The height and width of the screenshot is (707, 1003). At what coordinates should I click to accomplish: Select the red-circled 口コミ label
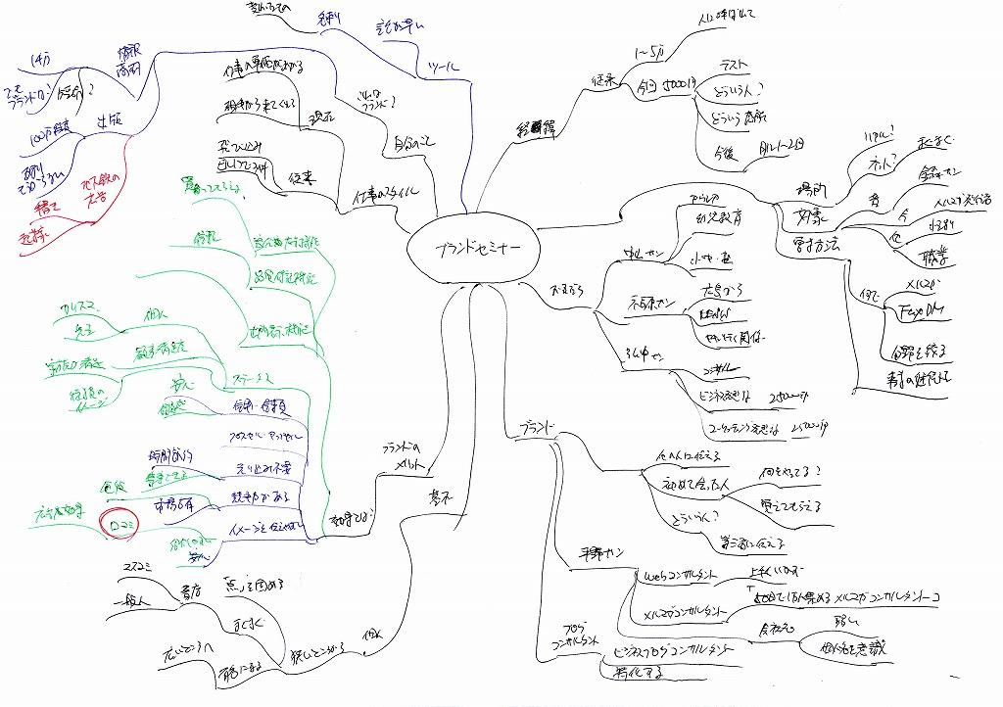coord(125,527)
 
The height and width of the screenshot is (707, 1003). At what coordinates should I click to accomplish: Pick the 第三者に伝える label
coord(756,541)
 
